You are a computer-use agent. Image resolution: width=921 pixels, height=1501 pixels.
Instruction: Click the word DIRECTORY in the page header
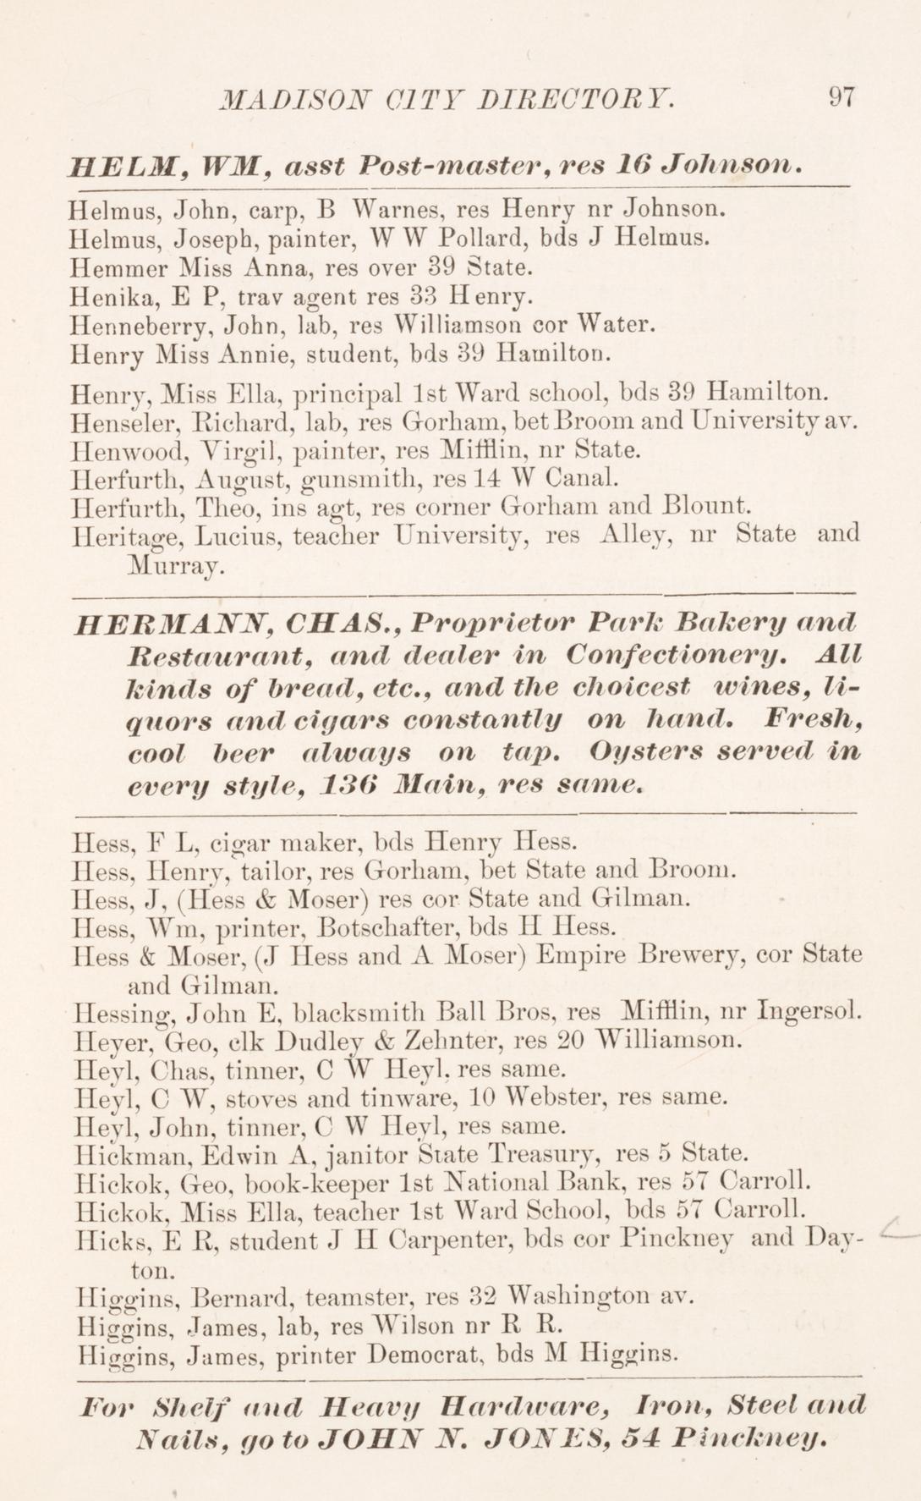coord(575,97)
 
